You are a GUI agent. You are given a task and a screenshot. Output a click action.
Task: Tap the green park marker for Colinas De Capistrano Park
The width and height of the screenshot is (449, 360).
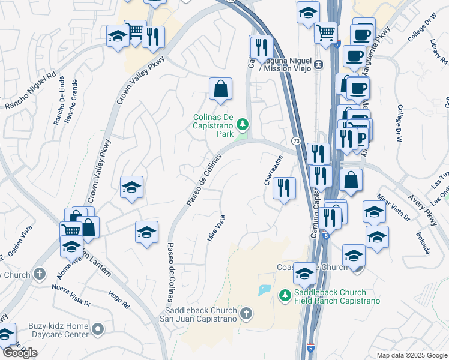point(243,124)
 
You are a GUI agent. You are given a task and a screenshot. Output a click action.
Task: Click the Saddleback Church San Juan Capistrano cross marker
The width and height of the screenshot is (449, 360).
point(245,313)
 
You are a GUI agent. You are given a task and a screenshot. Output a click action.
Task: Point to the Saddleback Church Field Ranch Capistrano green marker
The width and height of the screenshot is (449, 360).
point(285,295)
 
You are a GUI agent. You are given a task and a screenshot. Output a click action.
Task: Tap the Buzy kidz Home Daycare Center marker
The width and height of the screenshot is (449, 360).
point(98,329)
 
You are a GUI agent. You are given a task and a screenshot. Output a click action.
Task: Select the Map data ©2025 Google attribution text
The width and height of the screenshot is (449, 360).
point(411,355)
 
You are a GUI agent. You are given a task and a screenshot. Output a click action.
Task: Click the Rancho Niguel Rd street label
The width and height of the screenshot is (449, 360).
point(30,92)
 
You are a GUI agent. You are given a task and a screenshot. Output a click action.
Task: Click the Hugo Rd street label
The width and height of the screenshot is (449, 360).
point(119,299)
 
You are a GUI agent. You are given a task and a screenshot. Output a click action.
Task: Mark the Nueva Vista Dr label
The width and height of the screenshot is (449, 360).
point(71,286)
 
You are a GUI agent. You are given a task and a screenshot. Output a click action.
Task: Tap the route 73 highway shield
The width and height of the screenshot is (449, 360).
point(296,140)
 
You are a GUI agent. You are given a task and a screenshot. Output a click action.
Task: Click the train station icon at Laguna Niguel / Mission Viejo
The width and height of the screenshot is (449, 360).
point(318,63)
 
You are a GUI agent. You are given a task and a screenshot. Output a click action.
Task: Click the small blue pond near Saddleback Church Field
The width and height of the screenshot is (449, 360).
point(264,290)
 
